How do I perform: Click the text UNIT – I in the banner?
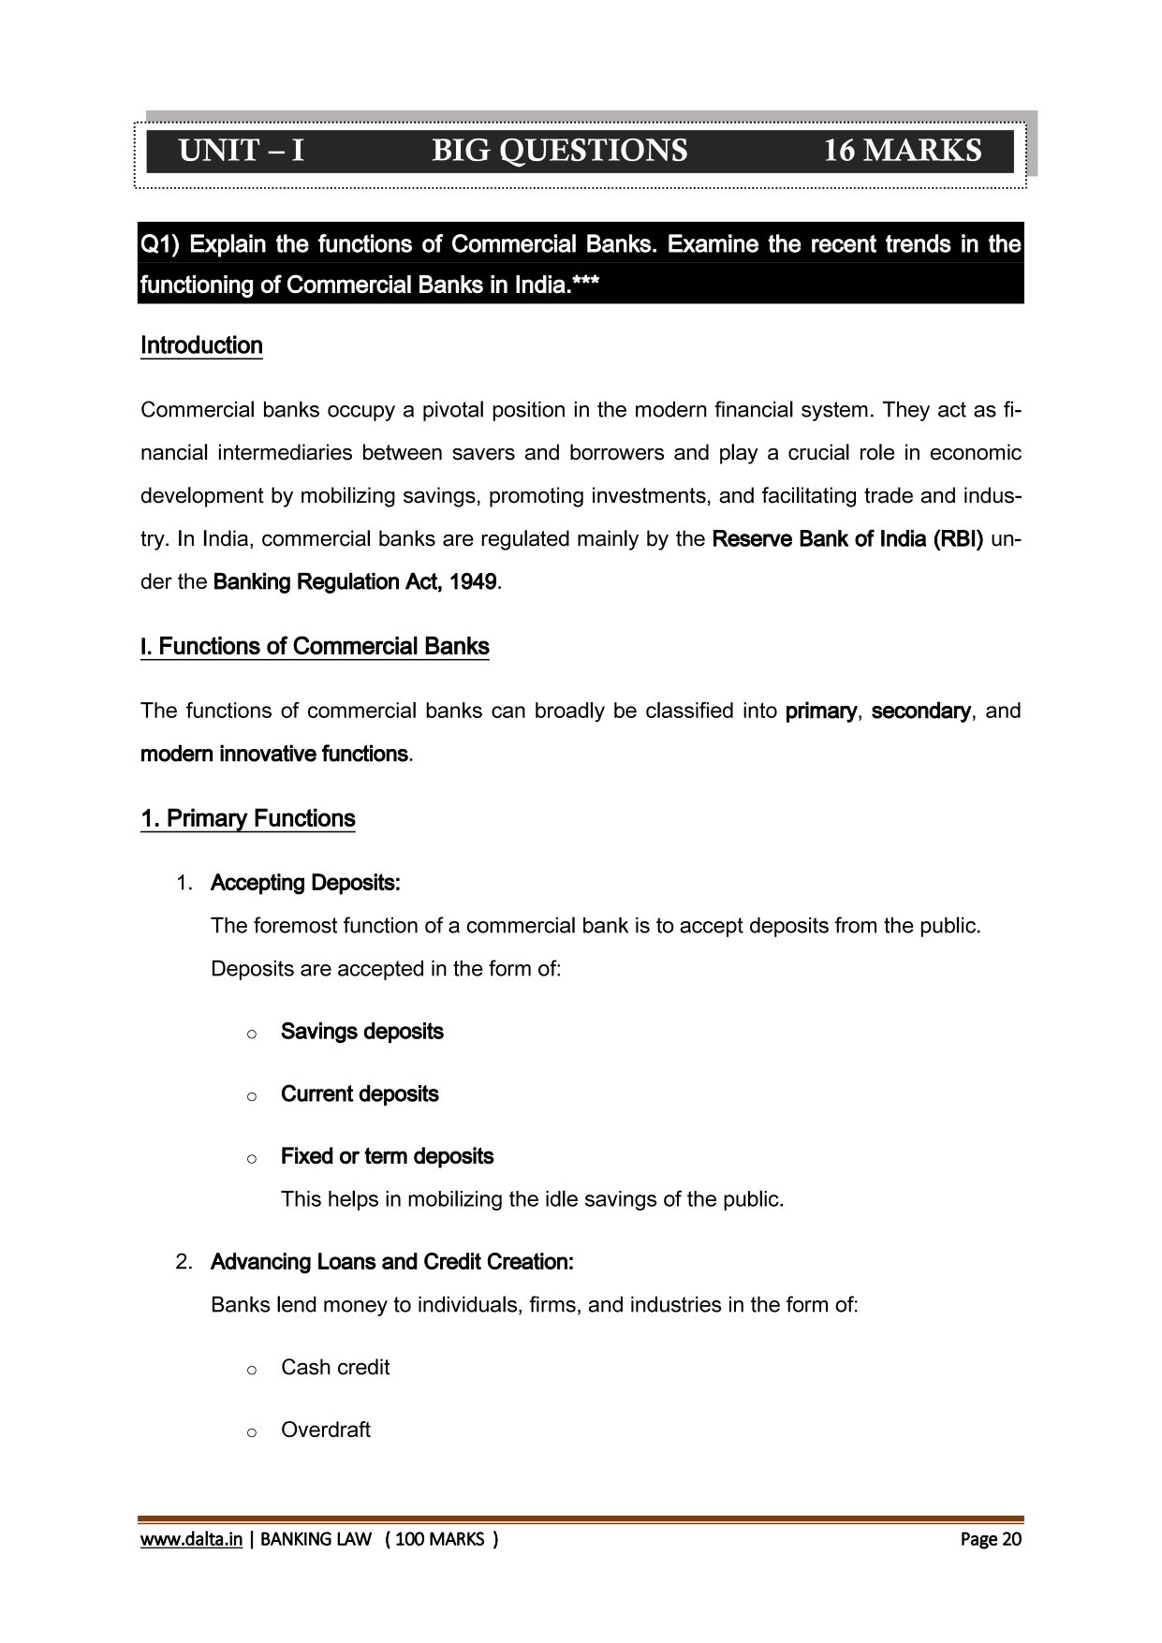(x=242, y=151)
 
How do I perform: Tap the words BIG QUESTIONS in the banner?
(x=559, y=151)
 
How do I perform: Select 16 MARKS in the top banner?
(x=902, y=151)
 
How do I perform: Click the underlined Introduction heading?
(x=201, y=345)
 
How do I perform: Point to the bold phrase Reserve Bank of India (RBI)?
(x=847, y=539)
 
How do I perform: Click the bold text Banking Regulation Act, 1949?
(x=355, y=582)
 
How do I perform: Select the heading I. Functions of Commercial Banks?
(x=315, y=647)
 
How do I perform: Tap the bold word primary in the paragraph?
(x=820, y=711)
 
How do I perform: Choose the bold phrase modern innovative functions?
(x=274, y=755)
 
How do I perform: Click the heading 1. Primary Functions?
(x=248, y=819)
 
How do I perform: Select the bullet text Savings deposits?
(x=362, y=1032)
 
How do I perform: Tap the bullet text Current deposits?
(x=360, y=1094)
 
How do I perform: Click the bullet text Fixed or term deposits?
(x=387, y=1157)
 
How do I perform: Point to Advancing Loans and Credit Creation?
(x=392, y=1262)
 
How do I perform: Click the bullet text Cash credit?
(x=335, y=1368)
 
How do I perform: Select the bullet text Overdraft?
(x=326, y=1430)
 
